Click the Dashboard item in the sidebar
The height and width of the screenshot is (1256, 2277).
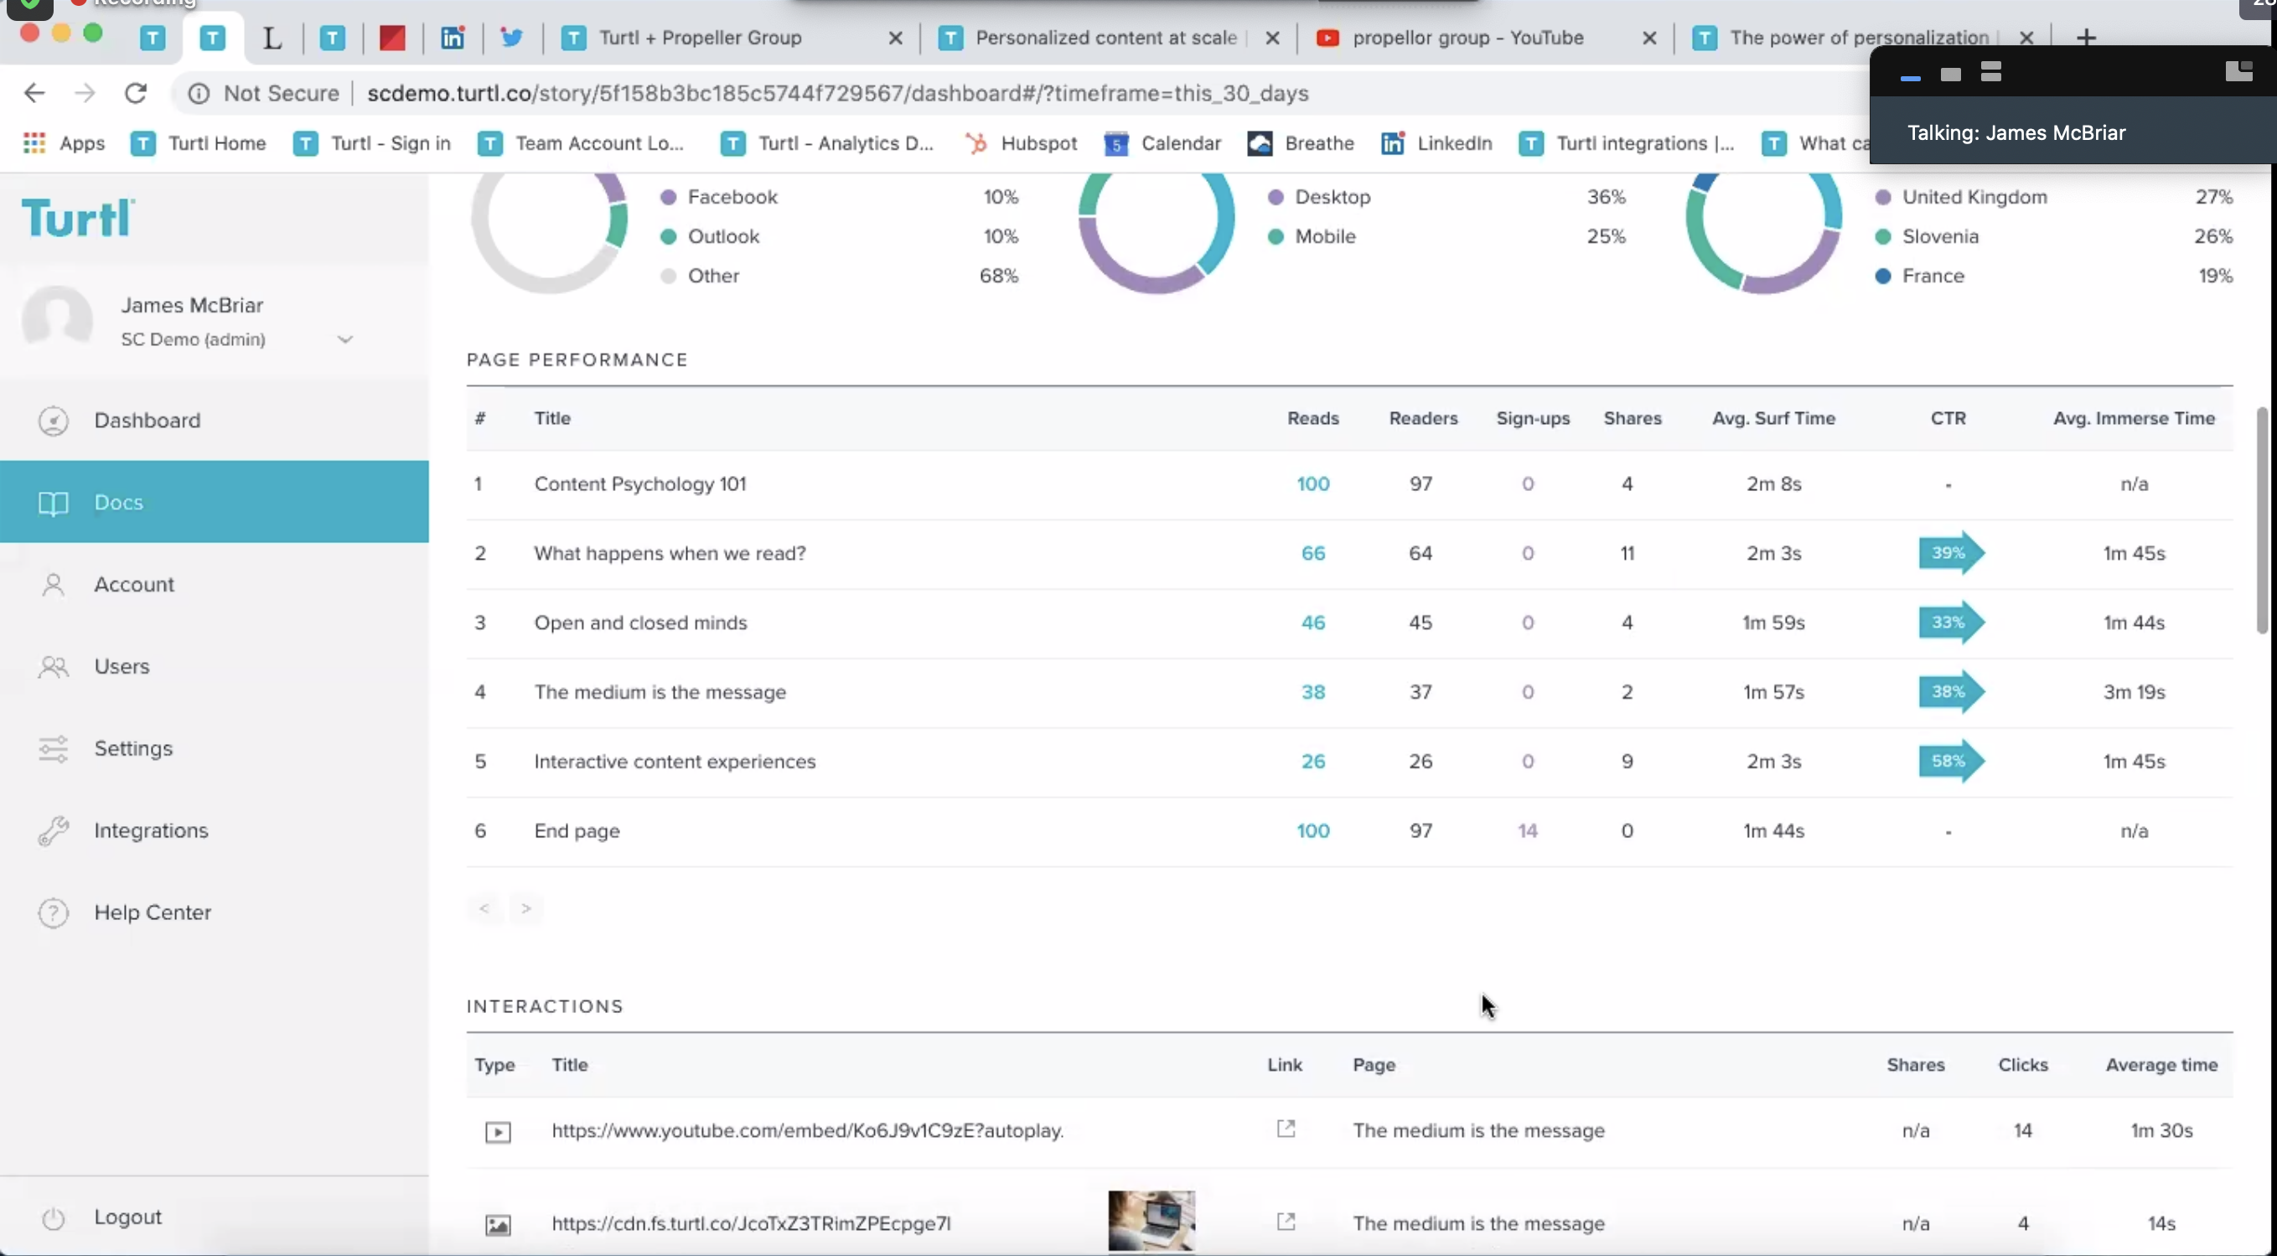coord(147,421)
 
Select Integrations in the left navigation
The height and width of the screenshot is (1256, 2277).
coord(150,831)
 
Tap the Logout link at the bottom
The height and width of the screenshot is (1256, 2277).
coord(127,1217)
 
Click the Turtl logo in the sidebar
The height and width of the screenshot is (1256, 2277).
coord(78,219)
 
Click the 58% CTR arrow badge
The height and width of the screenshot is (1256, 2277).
coord(1950,761)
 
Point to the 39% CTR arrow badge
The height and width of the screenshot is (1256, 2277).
coord(1950,553)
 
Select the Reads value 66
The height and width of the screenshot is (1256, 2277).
coord(1312,553)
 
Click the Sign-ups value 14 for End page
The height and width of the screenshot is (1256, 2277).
coord(1528,831)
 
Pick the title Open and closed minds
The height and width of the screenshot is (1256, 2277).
coord(640,623)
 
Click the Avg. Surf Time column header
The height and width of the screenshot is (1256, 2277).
coord(1773,419)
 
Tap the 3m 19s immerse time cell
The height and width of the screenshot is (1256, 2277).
coord(2134,692)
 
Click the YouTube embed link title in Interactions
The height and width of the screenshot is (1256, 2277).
coord(807,1130)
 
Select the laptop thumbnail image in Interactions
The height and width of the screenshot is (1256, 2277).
coord(1151,1221)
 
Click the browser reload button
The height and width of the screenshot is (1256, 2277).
coord(135,93)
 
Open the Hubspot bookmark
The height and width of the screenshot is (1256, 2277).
coord(1022,143)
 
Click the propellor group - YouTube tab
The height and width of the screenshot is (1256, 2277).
coord(1467,38)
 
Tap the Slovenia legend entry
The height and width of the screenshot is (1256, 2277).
coord(1939,237)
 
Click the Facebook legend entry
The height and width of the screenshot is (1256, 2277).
coord(732,197)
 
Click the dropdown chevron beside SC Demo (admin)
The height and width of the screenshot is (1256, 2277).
coord(344,339)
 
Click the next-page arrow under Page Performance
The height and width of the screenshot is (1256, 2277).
coord(526,908)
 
